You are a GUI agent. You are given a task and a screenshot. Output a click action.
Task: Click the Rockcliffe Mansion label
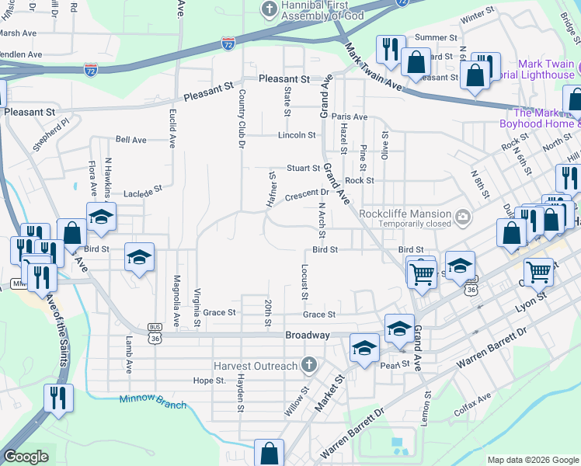pos(404,214)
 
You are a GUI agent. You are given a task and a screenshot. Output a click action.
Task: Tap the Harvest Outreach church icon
pos(309,365)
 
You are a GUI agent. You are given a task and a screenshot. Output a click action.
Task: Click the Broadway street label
pos(308,336)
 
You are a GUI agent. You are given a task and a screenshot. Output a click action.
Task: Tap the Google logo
pos(26,457)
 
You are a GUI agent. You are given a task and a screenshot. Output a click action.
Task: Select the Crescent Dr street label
pos(310,193)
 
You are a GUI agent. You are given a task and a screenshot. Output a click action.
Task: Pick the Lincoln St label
pos(297,135)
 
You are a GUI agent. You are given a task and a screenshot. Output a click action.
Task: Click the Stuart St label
pos(304,168)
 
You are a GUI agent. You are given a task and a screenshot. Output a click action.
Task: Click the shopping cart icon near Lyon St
pos(538,273)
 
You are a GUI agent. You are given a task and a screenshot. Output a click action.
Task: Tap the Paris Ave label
pos(350,116)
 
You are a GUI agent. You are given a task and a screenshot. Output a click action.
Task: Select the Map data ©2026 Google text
pos(532,460)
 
